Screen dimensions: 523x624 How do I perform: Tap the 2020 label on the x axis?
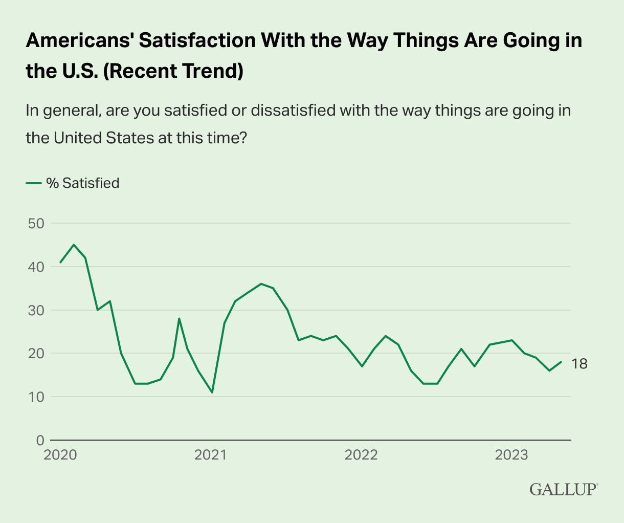(60, 455)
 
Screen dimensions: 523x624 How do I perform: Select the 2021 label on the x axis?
(211, 455)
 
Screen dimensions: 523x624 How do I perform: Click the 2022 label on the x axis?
(362, 455)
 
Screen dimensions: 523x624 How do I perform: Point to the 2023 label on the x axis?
(512, 455)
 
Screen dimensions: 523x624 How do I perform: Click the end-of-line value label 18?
(580, 364)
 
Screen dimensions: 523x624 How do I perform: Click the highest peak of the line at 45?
(74, 245)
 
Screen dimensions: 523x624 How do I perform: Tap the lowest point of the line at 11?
(212, 393)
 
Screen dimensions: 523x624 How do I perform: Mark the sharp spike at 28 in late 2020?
(179, 318)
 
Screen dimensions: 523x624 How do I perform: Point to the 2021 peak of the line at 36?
(261, 284)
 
